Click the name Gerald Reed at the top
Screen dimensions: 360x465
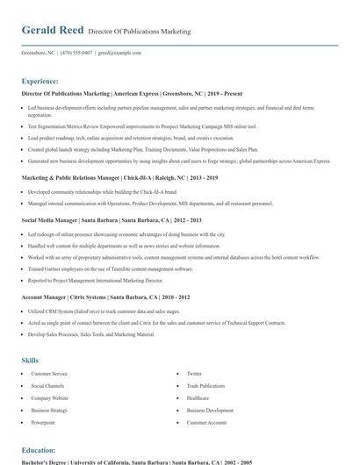pos(53,30)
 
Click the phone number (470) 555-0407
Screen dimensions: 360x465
pos(76,53)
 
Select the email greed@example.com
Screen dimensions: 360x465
pos(119,53)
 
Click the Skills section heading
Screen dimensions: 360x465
pos(30,361)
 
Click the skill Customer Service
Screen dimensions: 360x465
pos(49,374)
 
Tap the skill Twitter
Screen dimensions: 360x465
pos(194,374)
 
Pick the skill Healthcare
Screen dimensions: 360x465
pos(198,398)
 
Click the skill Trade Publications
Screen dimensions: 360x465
pos(205,386)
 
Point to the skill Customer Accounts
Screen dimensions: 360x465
pos(206,423)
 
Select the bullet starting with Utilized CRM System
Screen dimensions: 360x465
pos(104,311)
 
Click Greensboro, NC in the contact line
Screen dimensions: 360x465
pos(38,53)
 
